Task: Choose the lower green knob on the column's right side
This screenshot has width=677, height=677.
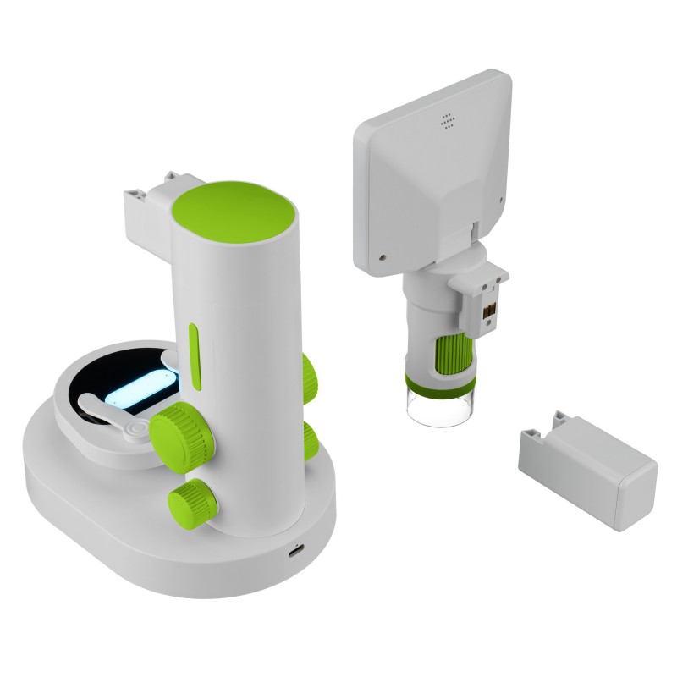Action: click(309, 439)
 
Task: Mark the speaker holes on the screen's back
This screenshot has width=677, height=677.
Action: click(448, 121)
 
